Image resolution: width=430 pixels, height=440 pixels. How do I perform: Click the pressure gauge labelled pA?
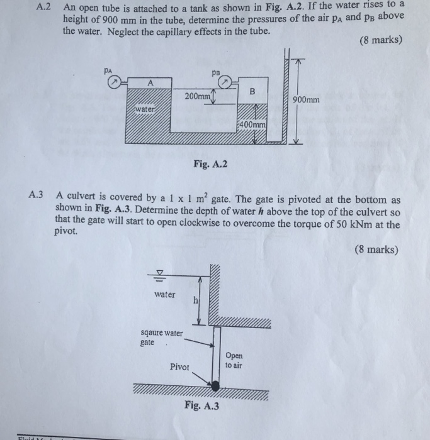coord(112,82)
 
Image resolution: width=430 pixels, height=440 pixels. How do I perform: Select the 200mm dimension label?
coord(198,96)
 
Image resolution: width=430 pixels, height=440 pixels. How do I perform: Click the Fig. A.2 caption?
coord(211,165)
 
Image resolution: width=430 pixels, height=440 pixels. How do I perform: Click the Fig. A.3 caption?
coord(202,406)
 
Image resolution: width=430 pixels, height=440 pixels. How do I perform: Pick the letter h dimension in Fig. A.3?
coord(195,300)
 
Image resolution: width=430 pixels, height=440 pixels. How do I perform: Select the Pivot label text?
coord(179,366)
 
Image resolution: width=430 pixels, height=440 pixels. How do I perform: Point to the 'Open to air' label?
coord(234,359)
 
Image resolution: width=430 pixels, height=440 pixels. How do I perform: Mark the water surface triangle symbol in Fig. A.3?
coord(161,273)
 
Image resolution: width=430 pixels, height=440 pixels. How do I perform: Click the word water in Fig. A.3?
coord(165,294)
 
